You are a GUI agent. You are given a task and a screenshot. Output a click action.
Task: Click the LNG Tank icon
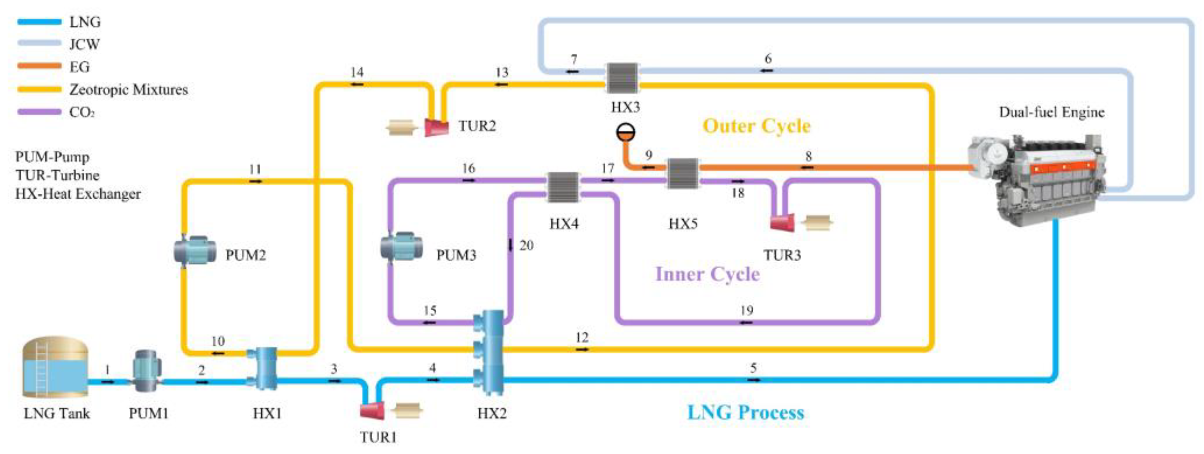55,367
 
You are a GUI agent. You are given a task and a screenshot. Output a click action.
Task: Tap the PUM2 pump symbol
194,251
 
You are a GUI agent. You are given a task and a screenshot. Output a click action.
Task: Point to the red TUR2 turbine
437,127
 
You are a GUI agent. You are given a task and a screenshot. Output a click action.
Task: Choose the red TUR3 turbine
782,222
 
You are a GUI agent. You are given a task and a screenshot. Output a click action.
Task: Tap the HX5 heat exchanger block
682,173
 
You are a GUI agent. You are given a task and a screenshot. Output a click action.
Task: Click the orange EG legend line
39,66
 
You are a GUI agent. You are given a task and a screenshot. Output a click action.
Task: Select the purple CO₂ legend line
39,112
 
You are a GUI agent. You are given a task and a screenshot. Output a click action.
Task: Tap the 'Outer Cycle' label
757,126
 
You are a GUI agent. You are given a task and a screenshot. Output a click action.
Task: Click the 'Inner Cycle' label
707,274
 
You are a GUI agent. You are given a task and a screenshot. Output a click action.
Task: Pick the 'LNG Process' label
746,412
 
